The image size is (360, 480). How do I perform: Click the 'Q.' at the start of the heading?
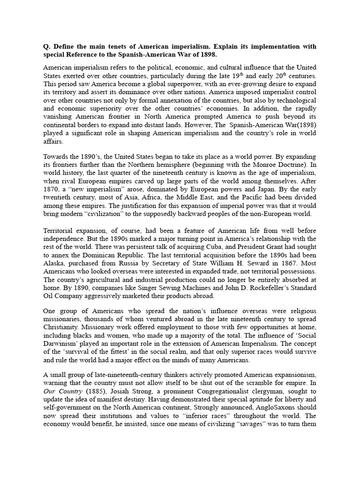pos(47,46)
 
